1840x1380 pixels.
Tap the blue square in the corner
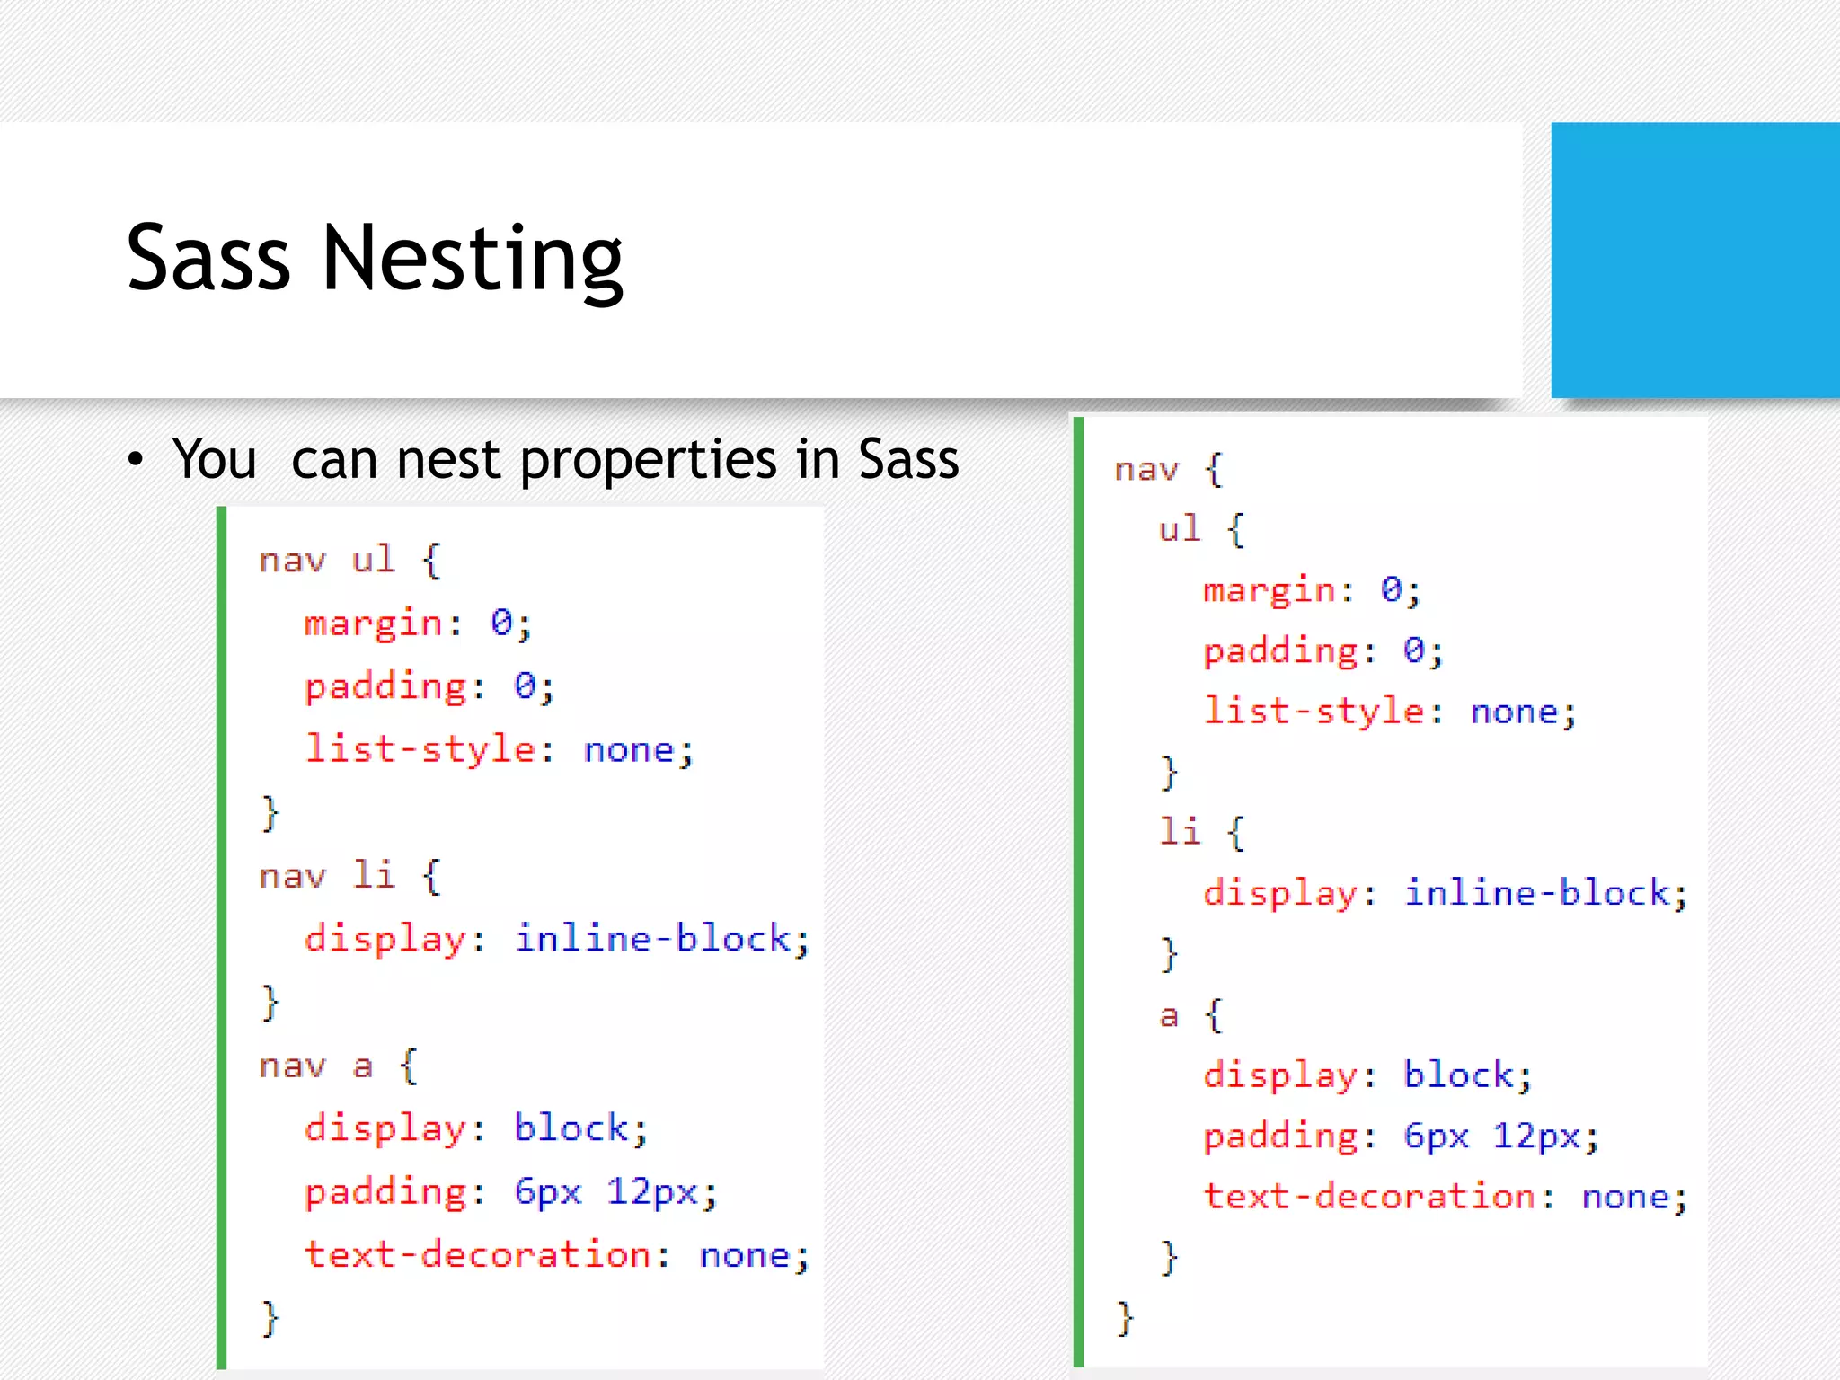coord(1694,260)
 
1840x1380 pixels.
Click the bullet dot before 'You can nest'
coord(136,460)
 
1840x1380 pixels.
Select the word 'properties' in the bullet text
coord(647,460)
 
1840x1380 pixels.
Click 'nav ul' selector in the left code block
coord(327,561)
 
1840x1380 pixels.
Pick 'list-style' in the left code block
coord(420,749)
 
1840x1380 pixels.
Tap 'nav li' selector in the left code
coord(327,876)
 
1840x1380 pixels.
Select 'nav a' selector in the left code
coord(315,1066)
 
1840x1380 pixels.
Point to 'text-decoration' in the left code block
coord(478,1255)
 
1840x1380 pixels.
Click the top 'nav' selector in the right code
coord(1146,470)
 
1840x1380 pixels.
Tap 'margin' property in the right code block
coord(1269,591)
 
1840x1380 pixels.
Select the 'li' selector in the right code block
coord(1180,832)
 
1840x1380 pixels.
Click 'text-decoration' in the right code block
coord(1369,1198)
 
